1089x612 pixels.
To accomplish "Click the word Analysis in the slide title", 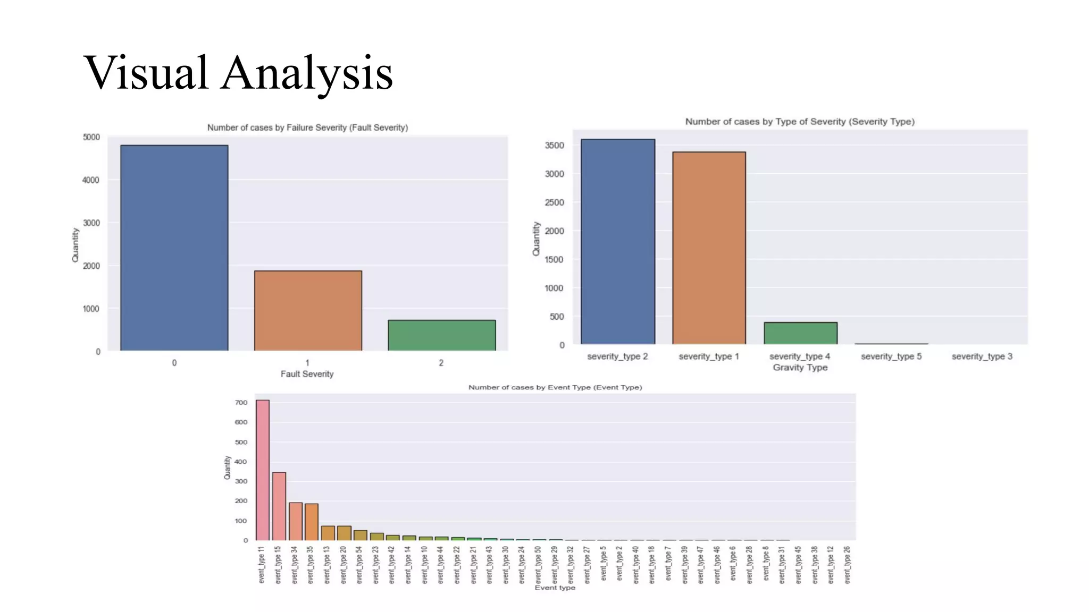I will coord(307,73).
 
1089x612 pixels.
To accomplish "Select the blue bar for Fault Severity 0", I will coord(174,248).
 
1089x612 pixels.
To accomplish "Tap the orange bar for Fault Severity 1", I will coord(308,311).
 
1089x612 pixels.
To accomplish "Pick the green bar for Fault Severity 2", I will coord(441,335).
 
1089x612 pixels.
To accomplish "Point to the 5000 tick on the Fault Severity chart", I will coord(91,137).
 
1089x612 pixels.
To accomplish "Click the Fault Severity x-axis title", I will coord(307,374).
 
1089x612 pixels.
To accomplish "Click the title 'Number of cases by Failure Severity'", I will coord(307,127).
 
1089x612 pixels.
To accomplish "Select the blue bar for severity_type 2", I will coord(617,242).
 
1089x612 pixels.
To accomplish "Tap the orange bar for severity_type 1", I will coord(709,248).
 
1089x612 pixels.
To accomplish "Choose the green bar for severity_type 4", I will coord(800,333).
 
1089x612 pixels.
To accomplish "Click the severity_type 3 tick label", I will coord(982,356).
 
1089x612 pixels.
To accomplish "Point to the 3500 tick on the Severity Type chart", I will coord(554,146).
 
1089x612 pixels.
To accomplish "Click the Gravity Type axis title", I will coord(800,368).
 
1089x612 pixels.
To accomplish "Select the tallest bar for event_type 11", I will coord(263,470).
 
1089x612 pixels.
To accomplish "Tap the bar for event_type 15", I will coord(279,506).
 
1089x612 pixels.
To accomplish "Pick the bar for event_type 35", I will coord(312,522).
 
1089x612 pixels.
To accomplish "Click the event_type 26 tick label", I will coord(847,565).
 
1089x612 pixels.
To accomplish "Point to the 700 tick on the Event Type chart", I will coord(241,403).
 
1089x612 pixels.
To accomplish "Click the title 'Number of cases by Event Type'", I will coord(555,387).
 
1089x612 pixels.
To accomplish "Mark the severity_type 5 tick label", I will coord(891,356).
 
